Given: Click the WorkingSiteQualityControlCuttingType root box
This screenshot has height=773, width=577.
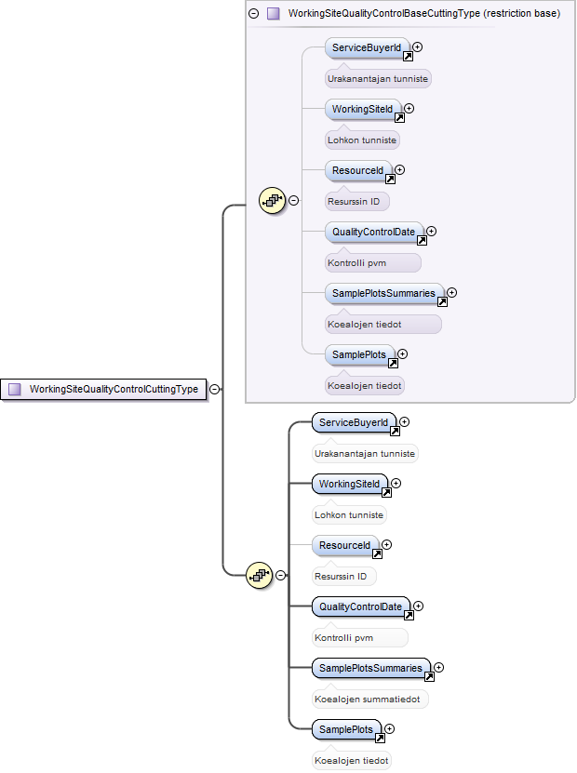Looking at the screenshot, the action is (103, 390).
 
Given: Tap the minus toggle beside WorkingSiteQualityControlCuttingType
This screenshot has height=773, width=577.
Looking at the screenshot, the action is (215, 389).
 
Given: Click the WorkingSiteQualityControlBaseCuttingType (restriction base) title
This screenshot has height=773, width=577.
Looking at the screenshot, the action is (424, 13).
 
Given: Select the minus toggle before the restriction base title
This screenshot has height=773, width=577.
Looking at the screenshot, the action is (253, 13).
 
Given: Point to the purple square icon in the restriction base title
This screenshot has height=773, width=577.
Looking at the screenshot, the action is (274, 13).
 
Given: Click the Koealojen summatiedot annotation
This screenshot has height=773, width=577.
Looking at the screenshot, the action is (368, 700).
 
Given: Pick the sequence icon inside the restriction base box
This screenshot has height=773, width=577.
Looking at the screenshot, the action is (273, 201).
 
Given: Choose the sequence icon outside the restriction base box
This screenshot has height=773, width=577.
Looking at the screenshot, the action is (259, 575).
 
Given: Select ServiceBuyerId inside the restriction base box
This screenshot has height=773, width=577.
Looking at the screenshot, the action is (368, 47).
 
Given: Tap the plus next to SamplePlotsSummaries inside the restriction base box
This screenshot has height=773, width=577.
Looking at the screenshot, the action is (451, 293).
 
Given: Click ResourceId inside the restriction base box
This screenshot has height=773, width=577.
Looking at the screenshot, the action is (358, 170).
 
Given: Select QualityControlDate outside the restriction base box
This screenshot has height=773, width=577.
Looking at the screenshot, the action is (361, 606).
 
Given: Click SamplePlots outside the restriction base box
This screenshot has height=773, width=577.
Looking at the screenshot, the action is (347, 729).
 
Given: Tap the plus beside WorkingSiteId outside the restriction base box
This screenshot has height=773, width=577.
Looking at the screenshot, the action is (396, 483).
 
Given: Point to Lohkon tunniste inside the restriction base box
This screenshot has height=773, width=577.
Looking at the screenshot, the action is (362, 140).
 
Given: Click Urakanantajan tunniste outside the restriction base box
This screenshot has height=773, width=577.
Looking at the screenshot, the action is (365, 454).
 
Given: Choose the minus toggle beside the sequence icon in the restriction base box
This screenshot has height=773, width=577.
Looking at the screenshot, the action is (293, 201).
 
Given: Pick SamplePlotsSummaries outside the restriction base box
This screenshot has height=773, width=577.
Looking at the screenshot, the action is (371, 669).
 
